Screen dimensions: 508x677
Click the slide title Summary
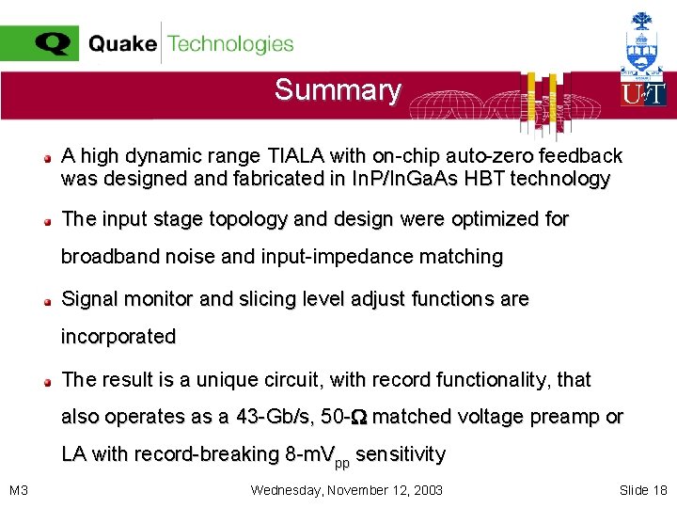click(338, 90)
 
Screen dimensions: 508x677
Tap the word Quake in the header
click(122, 44)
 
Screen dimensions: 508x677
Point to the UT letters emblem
click(643, 93)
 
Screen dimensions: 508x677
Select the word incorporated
click(118, 337)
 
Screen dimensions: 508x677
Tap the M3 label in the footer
click(18, 490)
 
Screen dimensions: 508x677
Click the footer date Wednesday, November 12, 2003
click(347, 490)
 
